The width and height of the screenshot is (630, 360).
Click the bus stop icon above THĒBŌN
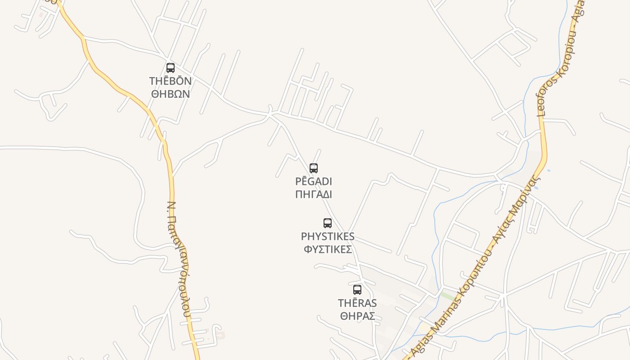(x=171, y=68)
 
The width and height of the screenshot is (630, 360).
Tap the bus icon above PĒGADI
(x=314, y=168)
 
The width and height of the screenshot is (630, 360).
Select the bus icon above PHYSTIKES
(x=328, y=223)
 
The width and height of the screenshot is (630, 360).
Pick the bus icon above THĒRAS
(x=357, y=290)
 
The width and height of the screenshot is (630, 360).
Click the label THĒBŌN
(x=171, y=81)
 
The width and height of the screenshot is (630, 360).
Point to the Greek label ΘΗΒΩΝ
(x=171, y=94)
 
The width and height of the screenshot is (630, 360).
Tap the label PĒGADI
(x=314, y=181)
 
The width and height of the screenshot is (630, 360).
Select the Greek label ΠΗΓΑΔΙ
(x=314, y=194)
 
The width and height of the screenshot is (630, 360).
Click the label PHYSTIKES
(x=328, y=236)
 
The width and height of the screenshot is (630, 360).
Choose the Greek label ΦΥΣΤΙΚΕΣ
(x=328, y=249)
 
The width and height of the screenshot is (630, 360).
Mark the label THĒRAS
(x=357, y=303)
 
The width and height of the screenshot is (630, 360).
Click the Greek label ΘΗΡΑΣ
(x=357, y=316)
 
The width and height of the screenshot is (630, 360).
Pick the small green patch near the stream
(x=447, y=296)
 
